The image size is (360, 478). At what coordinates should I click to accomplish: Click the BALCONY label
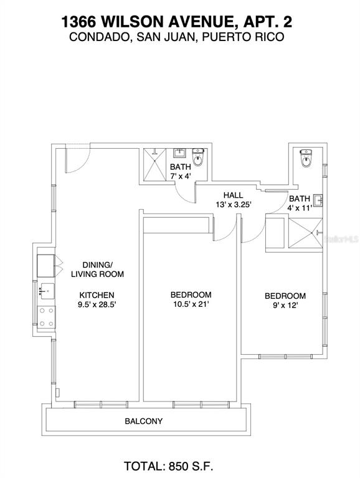tap(143, 421)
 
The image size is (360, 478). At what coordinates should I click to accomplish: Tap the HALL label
tap(233, 195)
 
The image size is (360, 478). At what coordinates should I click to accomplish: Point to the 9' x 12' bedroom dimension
tap(285, 306)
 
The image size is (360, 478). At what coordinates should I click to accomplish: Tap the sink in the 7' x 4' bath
tap(180, 152)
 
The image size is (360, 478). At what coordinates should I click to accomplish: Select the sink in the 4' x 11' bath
tap(317, 200)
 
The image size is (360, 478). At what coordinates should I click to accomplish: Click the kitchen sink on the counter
tap(45, 290)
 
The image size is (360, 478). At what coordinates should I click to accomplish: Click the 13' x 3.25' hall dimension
tap(233, 205)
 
